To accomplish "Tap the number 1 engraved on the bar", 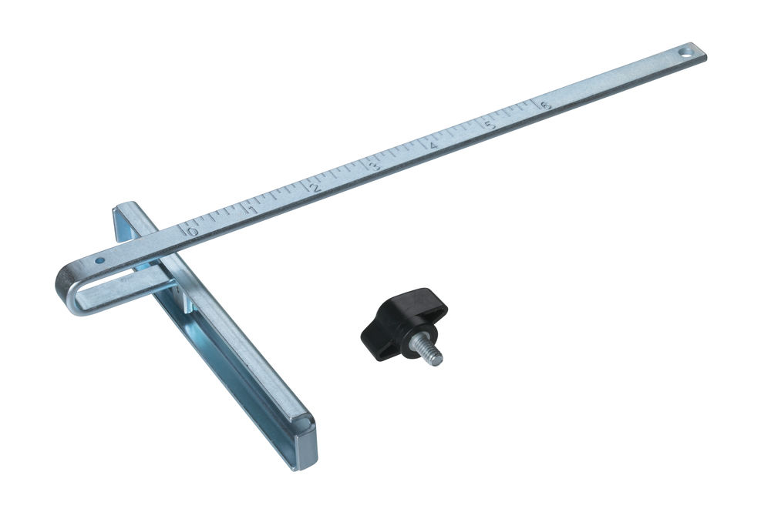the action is point(253,210).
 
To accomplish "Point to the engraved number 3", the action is point(377,166).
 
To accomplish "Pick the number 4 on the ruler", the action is point(433,146).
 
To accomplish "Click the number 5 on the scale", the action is point(490,125).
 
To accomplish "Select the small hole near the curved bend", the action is point(99,261).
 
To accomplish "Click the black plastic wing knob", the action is point(403,323).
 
